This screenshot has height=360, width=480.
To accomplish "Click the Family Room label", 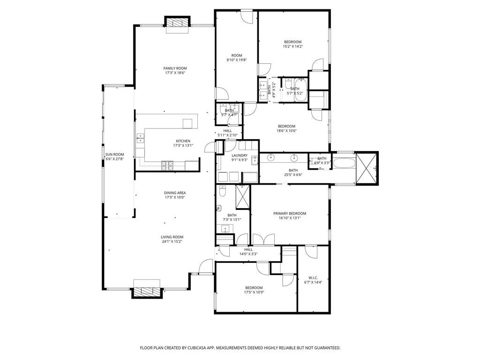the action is pyautogui.click(x=175, y=68).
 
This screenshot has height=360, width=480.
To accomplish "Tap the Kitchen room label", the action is pyautogui.click(x=183, y=141).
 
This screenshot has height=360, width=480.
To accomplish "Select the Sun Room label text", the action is pyautogui.click(x=115, y=155).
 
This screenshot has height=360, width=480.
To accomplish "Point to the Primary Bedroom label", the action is pyautogui.click(x=290, y=214).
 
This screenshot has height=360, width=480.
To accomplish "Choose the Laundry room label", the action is pyautogui.click(x=240, y=156).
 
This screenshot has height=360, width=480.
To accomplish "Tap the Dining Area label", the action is pyautogui.click(x=175, y=193).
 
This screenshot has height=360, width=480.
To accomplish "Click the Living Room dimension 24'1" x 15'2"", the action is pyautogui.click(x=172, y=241).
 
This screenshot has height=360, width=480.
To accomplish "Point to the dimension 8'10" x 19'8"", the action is pyautogui.click(x=237, y=60).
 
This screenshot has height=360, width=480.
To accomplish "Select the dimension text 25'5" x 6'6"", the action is pyautogui.click(x=293, y=175).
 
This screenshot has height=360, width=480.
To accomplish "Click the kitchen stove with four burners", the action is pyautogui.click(x=167, y=165).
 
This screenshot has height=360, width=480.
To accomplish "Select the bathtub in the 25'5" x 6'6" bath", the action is pyautogui.click(x=345, y=163).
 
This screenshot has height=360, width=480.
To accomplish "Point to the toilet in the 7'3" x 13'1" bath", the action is pyautogui.click(x=223, y=191).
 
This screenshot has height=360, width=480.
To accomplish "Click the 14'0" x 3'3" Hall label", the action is pyautogui.click(x=248, y=249).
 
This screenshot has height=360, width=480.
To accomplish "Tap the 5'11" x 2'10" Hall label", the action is pyautogui.click(x=227, y=131).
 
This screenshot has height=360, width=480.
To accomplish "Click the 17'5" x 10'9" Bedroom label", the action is pyautogui.click(x=254, y=288).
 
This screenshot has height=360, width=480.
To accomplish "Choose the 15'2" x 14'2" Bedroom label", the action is pyautogui.click(x=292, y=42).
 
